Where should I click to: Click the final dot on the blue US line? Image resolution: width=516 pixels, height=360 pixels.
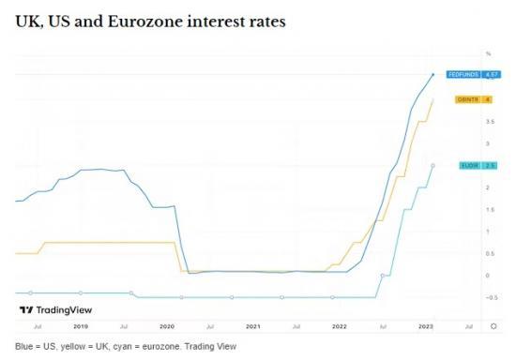(433, 74)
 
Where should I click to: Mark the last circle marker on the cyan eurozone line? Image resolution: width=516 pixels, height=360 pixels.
(433, 165)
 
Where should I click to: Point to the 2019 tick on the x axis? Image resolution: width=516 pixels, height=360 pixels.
(81, 326)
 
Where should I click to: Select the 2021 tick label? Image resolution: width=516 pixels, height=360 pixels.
(252, 326)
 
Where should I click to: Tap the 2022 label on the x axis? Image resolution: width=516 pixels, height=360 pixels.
(339, 326)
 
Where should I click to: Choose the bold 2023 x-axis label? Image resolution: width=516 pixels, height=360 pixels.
(425, 326)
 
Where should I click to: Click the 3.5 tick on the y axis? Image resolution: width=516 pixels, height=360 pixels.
(489, 122)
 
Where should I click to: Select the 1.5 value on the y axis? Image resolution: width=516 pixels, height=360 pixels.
(489, 209)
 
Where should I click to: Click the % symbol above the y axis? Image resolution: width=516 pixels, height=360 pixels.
(488, 53)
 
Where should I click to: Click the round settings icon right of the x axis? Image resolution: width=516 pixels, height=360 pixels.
(493, 326)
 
